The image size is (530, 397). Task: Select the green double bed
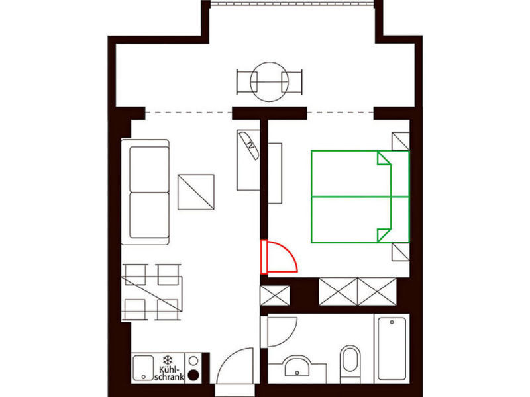[x=360, y=197]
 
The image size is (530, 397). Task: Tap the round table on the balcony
[x=270, y=81]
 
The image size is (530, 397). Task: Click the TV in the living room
[x=249, y=145]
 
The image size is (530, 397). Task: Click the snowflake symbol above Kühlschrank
[x=168, y=359]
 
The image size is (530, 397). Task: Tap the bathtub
[x=392, y=349]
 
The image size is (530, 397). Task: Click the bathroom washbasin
[x=297, y=367]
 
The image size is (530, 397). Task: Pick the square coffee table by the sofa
[x=196, y=192]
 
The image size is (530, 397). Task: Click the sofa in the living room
[x=145, y=192]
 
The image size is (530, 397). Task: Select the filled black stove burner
[x=193, y=375]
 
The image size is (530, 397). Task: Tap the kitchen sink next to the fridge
[x=143, y=368]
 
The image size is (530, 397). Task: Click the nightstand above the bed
[x=401, y=141]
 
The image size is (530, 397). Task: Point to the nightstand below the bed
[x=401, y=252]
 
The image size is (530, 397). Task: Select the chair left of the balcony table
[x=247, y=81]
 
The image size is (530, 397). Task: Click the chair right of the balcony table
[x=291, y=81]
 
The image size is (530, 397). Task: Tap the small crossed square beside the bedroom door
[x=275, y=296]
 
